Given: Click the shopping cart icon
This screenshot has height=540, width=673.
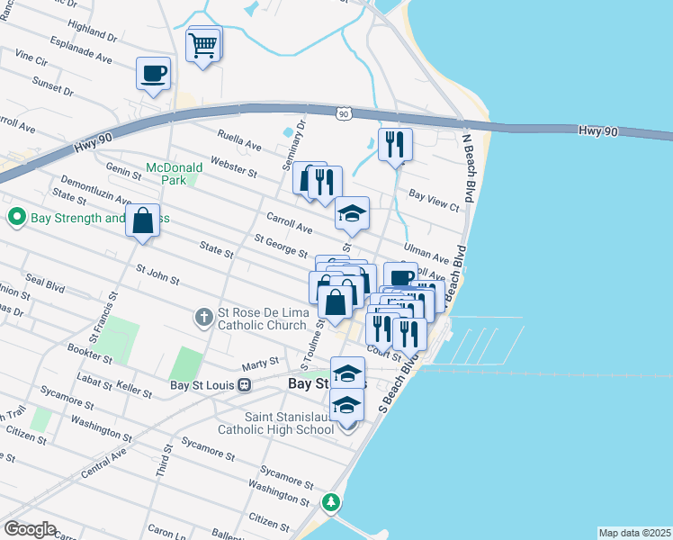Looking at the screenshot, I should pos(203,43).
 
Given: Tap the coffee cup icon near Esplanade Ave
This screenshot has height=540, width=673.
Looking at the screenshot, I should pos(153,72).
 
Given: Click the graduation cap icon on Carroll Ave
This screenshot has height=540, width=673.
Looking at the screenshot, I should pos(352,213).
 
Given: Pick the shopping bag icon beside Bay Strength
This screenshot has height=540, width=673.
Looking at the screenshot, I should pos(142,220).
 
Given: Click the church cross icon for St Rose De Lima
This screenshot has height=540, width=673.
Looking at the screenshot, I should pos(204,317).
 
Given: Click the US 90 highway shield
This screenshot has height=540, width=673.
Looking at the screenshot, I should pos(344,112).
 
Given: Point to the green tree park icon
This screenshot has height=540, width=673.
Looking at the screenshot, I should pos(332,501).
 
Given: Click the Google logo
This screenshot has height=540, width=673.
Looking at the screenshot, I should pos(29,529).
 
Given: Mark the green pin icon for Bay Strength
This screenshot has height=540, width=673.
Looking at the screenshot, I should pos(15,217).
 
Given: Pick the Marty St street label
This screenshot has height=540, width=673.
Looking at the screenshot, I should pos(257,366).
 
